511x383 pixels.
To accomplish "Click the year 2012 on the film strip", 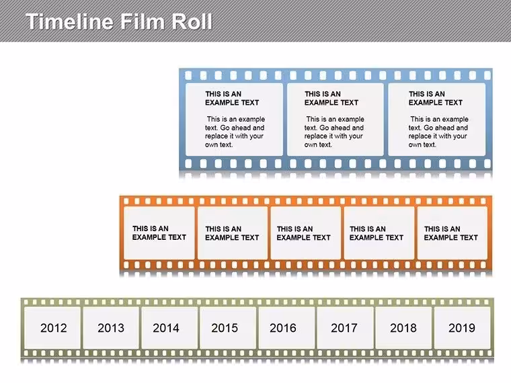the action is click(53, 328).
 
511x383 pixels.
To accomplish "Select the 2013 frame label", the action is click(111, 328).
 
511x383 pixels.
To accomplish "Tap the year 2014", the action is click(166, 328).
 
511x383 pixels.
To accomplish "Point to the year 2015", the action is click(225, 328).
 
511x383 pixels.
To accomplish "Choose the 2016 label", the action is click(283, 328).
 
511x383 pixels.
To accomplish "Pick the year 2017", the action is click(344, 328).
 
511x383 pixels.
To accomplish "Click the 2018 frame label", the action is click(403, 328).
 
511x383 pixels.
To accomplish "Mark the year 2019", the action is click(462, 328).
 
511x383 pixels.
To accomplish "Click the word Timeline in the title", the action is click(69, 22).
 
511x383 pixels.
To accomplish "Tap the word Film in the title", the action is click(143, 22).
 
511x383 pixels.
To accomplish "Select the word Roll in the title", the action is click(192, 22).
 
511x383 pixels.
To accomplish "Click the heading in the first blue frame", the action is click(232, 98).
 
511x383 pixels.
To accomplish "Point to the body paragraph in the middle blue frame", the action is click(334, 132).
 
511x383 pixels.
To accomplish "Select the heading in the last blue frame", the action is click(436, 98).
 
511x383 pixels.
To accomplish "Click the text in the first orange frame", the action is click(159, 233).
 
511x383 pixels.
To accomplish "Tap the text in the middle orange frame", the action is click(303, 233).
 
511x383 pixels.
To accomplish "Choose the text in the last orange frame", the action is click(450, 233).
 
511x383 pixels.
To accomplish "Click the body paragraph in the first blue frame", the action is click(235, 132).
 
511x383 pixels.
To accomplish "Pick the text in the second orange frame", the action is click(232, 233).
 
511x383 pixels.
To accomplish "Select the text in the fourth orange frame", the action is click(377, 233).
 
